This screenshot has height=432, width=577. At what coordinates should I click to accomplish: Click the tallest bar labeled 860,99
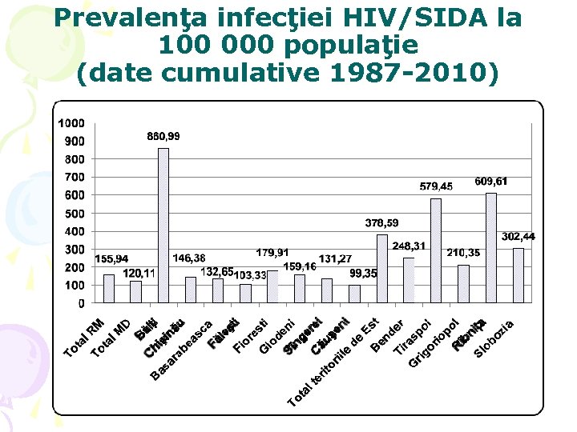[x=163, y=226]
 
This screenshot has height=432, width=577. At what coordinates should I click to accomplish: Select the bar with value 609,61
[x=490, y=248]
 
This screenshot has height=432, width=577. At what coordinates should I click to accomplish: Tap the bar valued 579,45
[x=436, y=250]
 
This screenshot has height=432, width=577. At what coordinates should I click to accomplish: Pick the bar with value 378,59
[x=381, y=269]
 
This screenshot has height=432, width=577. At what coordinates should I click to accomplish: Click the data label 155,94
[x=111, y=259]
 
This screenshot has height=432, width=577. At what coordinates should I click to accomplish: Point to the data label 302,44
[x=518, y=237]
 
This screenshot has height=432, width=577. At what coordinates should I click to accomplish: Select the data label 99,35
[x=363, y=274]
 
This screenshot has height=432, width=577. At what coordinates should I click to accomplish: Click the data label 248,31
[x=409, y=246]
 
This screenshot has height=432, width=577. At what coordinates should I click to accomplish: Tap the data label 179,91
[x=272, y=252]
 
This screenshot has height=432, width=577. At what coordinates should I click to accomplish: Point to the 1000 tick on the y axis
[x=71, y=123]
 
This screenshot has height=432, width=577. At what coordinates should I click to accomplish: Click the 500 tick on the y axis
[x=75, y=214]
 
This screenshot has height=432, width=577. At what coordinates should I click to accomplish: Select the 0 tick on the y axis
[x=81, y=303]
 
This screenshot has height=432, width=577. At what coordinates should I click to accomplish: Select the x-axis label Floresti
[x=251, y=338]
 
